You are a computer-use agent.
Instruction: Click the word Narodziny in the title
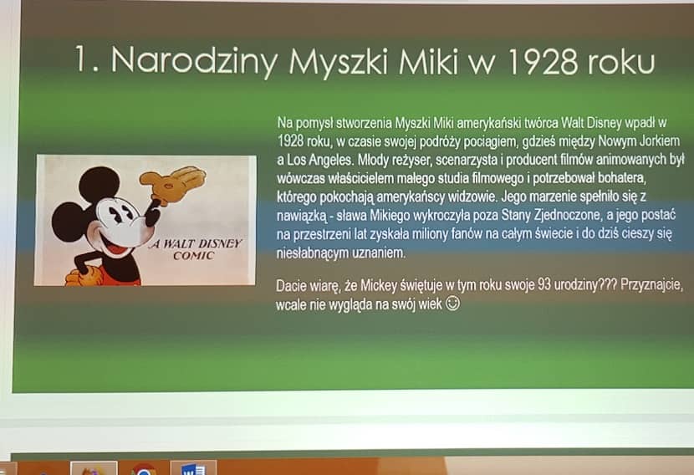194,61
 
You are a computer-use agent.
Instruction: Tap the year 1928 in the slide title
543,61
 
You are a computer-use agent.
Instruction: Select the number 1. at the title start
86,59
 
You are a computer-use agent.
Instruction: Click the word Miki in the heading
428,60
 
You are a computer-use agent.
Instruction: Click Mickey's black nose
151,217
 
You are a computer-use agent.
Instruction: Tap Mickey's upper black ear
100,184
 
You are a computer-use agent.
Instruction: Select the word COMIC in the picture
193,256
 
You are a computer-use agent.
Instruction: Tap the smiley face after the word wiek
452,304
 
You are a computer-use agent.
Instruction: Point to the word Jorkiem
659,140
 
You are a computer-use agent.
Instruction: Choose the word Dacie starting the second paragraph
291,285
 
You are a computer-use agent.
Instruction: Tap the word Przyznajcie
651,285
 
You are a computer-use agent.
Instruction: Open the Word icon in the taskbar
193,468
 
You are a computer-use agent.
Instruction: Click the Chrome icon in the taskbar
144,469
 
